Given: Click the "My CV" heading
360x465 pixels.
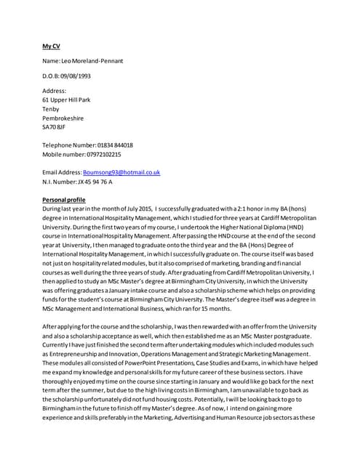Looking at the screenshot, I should pos(50,45).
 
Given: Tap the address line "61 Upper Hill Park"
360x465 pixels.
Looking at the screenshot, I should pos(67,100).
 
